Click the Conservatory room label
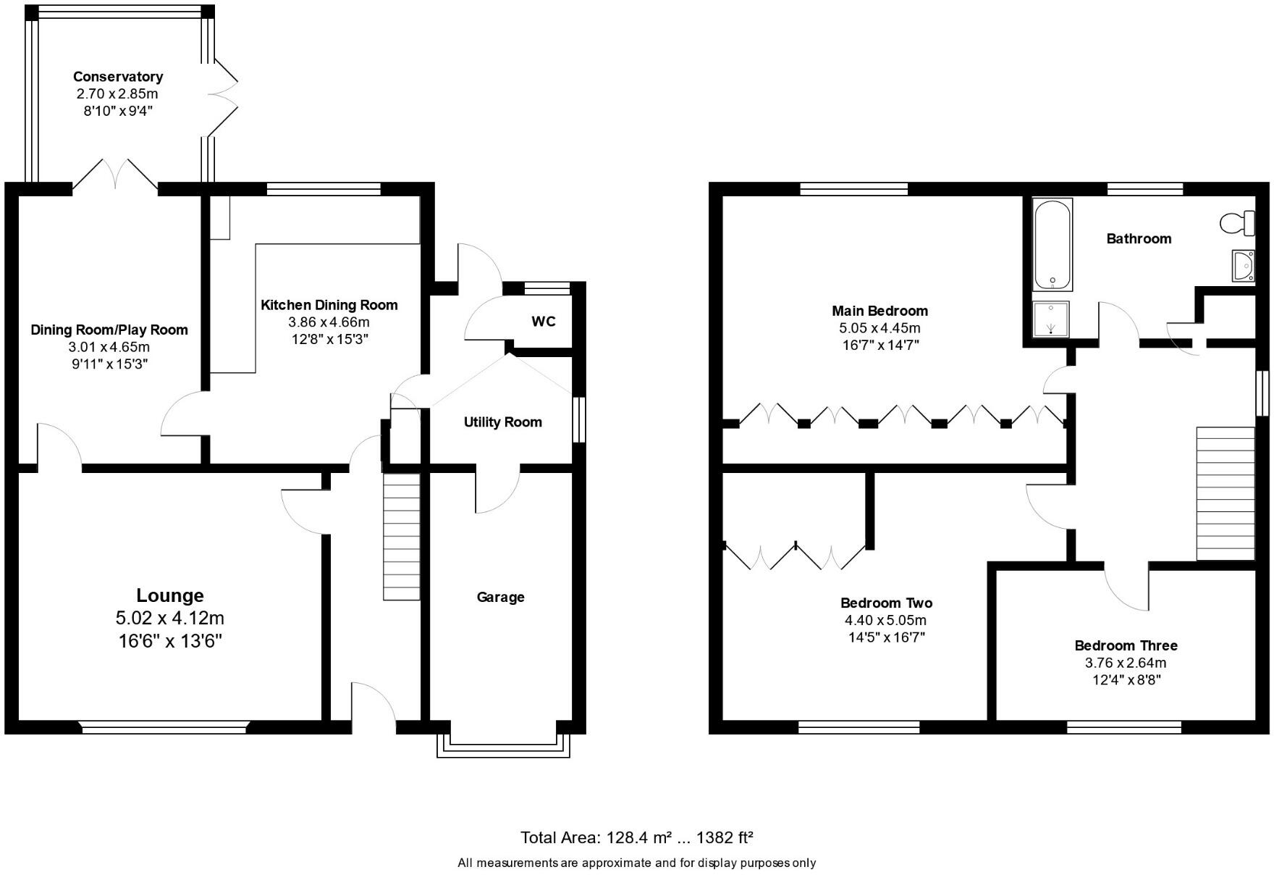(x=118, y=77)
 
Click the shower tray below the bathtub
(x=1050, y=319)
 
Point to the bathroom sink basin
(x=1243, y=266)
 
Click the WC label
(x=544, y=321)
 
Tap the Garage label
(x=500, y=597)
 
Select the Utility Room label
(x=502, y=422)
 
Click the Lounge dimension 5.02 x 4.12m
(x=170, y=618)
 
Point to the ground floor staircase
(x=401, y=536)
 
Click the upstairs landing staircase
(x=1225, y=493)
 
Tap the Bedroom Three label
(x=1126, y=645)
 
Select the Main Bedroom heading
(x=879, y=311)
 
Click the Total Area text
(x=637, y=838)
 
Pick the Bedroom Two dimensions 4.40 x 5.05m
(x=885, y=620)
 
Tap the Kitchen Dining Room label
(x=329, y=305)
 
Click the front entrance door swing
(x=373, y=703)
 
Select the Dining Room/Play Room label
(x=109, y=330)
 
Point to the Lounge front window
(x=164, y=727)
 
